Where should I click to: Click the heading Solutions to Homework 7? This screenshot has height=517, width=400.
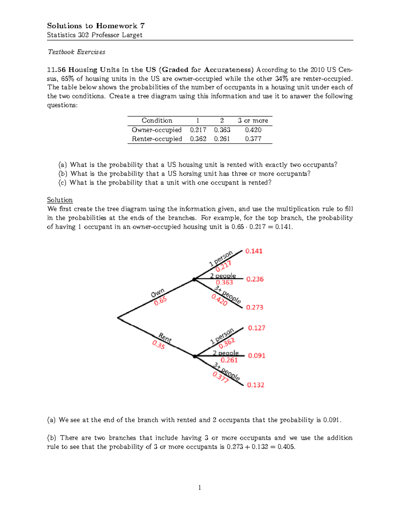point(96,26)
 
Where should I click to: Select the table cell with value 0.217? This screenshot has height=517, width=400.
point(198,130)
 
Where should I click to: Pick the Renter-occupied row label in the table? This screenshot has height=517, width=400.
point(157,139)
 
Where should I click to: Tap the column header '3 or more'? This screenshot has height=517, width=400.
point(253,121)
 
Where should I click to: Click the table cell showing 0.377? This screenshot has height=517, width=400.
point(253,139)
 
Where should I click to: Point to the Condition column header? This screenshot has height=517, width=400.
point(157,121)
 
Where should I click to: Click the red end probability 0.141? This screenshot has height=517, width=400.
point(254,251)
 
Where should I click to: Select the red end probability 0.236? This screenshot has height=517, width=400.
point(255,279)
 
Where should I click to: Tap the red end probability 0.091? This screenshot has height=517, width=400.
point(256,356)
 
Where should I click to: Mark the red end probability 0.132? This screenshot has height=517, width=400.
point(255,385)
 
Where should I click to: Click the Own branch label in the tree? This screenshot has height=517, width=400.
point(157,293)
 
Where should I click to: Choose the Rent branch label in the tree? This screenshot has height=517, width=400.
point(165,338)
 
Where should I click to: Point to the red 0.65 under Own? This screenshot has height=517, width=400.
point(160,301)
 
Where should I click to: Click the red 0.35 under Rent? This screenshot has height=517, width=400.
point(159,345)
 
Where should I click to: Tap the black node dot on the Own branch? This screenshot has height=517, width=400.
point(194,280)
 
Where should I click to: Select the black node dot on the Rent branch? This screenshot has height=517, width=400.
point(195,356)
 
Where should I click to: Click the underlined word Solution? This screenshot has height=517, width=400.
point(60,200)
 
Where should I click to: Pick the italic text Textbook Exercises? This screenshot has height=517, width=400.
point(76,52)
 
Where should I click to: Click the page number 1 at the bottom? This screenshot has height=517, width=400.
point(200,488)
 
